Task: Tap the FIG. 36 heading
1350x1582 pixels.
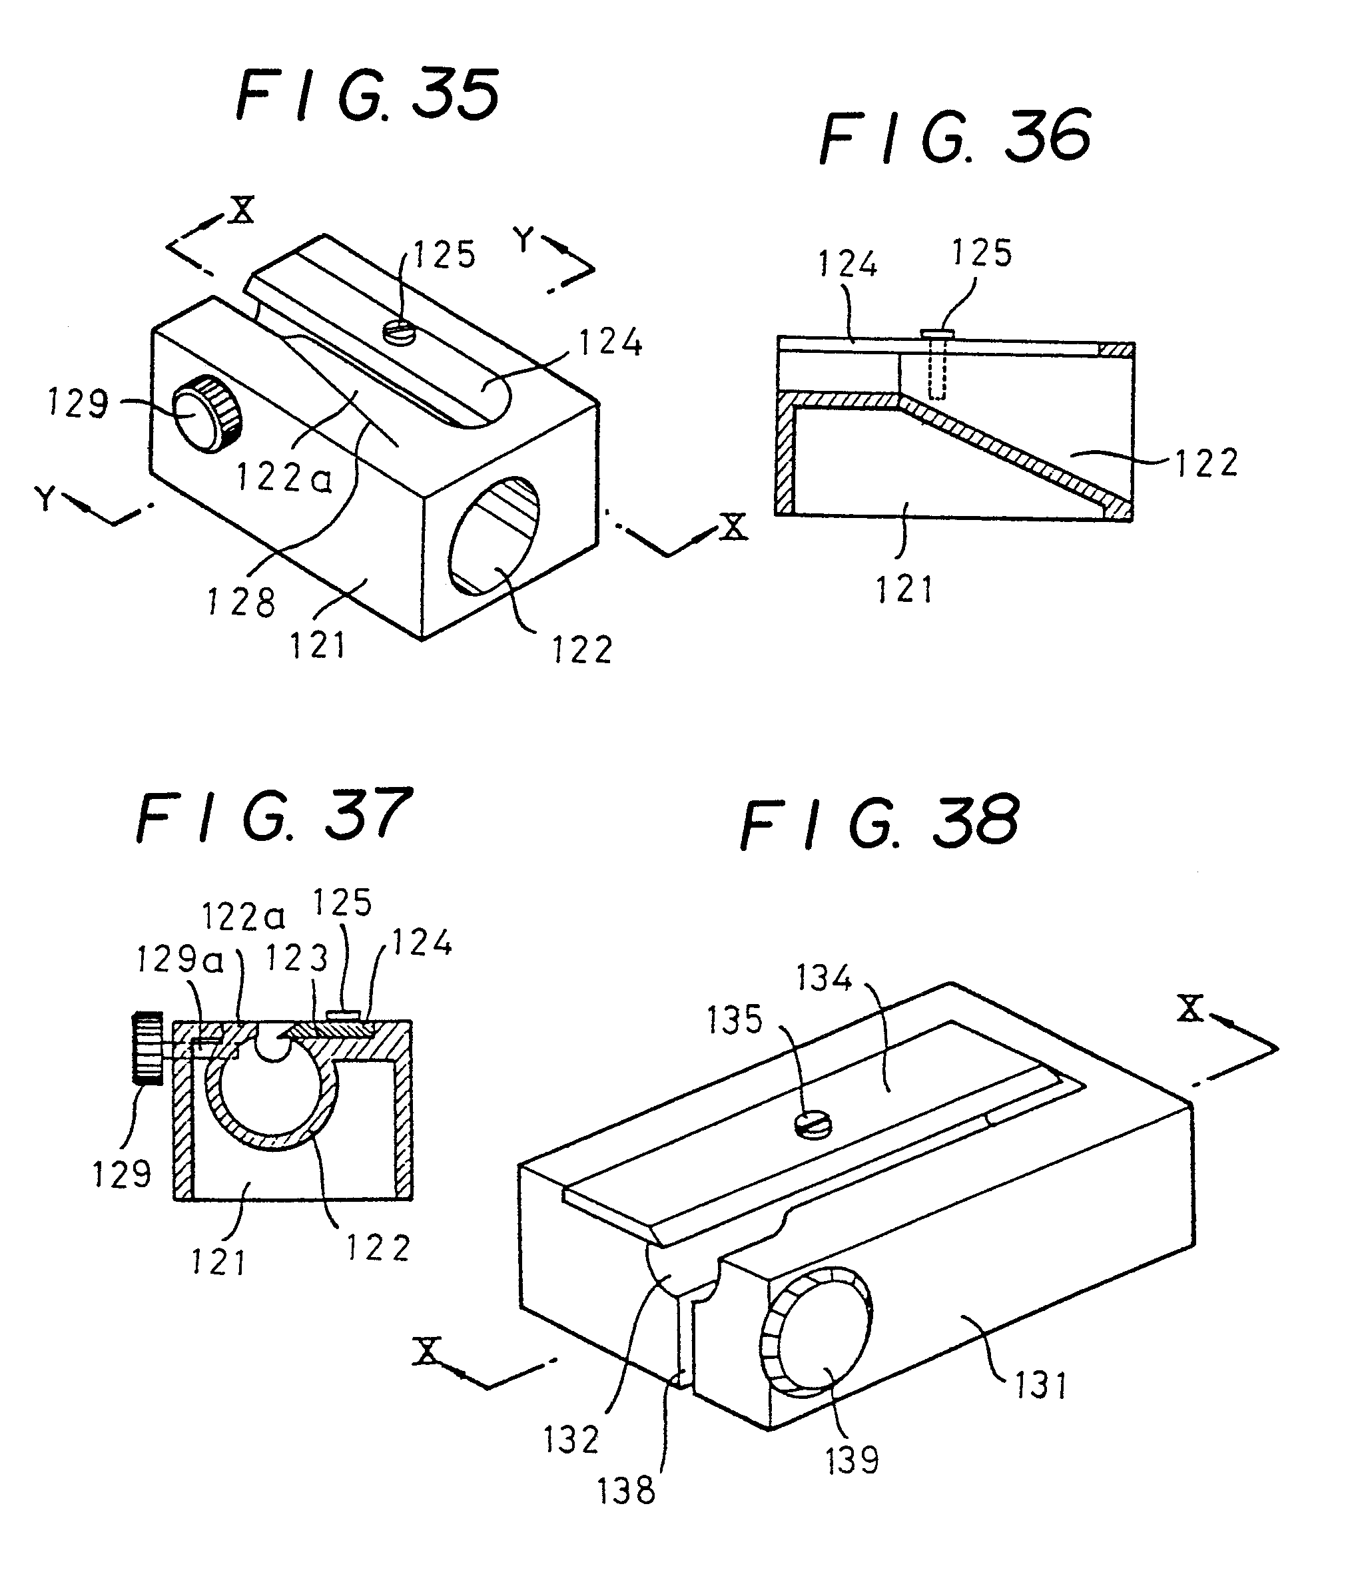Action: click(x=954, y=137)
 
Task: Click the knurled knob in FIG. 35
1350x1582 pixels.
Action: click(x=204, y=413)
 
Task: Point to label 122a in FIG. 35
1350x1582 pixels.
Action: click(x=284, y=478)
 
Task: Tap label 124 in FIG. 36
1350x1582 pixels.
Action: click(x=848, y=264)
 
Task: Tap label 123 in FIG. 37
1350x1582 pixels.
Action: click(x=296, y=958)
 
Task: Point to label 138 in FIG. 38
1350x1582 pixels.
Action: click(x=626, y=1489)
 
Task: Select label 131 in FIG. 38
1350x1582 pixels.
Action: click(x=1040, y=1385)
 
